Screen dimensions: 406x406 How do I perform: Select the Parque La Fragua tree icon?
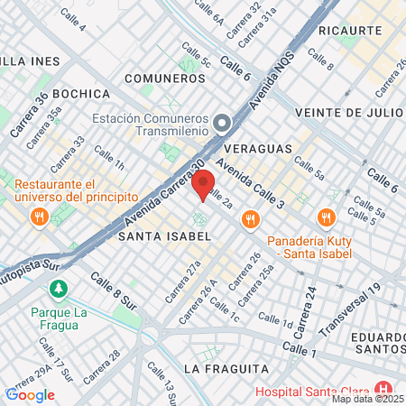[x=59, y=290]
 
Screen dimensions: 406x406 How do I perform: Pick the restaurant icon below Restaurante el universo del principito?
[x=38, y=217]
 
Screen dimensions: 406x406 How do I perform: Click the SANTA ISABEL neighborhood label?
[x=164, y=235]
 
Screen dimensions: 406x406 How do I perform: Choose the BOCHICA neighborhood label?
[x=81, y=93]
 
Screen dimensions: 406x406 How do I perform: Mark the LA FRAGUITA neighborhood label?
[x=226, y=369]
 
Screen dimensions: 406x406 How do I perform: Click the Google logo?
[x=30, y=394]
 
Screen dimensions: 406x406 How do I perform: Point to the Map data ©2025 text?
[x=367, y=399]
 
